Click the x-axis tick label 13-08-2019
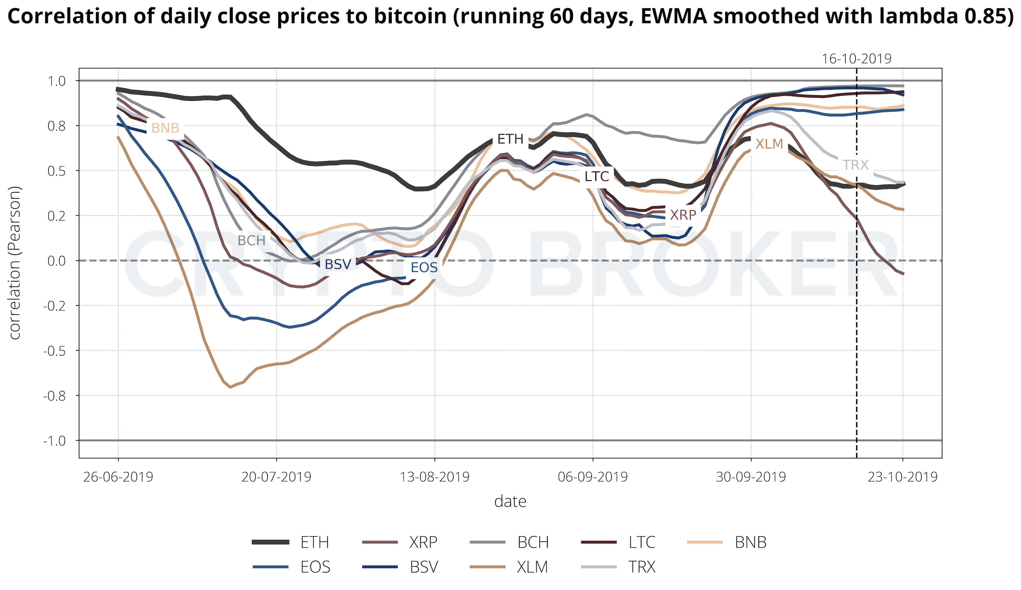[x=435, y=477]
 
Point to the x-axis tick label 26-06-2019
[x=118, y=477]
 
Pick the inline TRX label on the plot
[x=856, y=165]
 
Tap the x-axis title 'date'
[x=510, y=502]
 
